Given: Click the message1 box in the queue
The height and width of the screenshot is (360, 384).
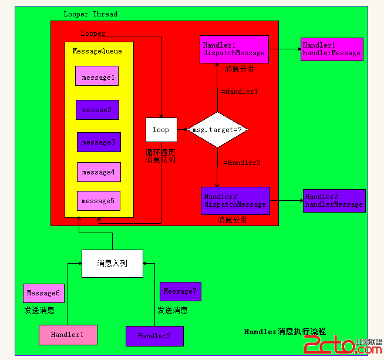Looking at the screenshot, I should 97,77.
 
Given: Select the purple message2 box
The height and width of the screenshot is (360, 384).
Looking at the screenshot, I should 97,110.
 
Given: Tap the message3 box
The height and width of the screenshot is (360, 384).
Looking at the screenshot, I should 98,142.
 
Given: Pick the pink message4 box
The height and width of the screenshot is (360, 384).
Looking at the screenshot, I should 98,172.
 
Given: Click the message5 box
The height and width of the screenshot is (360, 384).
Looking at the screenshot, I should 98,201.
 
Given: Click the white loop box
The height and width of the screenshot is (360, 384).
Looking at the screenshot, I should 161,130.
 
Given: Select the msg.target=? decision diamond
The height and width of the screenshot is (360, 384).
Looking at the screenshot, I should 217,130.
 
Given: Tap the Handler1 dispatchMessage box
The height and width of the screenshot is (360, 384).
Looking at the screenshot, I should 234,49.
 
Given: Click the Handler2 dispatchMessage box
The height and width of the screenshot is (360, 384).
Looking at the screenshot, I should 235,201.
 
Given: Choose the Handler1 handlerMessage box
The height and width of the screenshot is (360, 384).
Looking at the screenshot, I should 332,49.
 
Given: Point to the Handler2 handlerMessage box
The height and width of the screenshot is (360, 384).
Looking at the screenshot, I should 334,201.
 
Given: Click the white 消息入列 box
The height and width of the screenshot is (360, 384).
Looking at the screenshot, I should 112,264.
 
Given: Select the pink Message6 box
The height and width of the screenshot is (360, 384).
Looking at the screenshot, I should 43,293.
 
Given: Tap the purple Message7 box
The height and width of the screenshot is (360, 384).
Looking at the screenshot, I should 180,291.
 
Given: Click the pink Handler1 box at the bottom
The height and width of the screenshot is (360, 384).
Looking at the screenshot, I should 68,335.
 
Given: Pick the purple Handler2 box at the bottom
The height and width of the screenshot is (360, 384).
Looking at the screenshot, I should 154,336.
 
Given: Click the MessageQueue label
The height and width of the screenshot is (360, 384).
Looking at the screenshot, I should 97,51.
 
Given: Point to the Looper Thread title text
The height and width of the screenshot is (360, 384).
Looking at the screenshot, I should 90,14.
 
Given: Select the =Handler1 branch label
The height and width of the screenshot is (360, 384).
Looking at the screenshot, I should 240,92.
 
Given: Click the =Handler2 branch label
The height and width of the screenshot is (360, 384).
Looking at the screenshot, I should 241,163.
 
